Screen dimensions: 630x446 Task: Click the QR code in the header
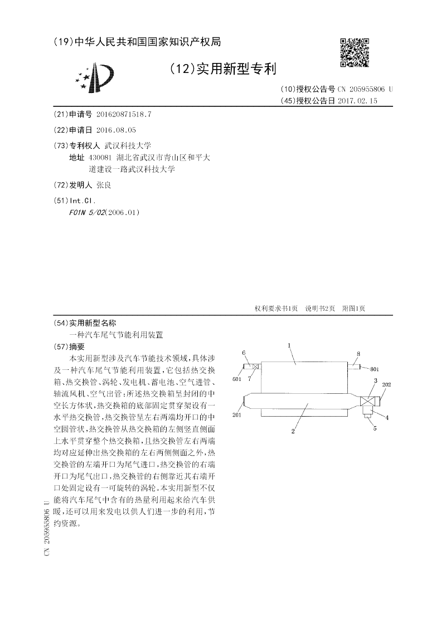(355, 52)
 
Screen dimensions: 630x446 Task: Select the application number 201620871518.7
(124, 114)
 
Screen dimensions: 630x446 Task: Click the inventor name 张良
(104, 185)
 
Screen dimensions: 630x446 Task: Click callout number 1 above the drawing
(290, 346)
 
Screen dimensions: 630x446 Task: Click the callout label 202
(386, 385)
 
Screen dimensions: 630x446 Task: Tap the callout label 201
(236, 415)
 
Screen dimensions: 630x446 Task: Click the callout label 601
(236, 379)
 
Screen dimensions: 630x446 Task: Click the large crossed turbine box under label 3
(367, 401)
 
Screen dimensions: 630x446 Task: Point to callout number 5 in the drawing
(375, 428)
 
